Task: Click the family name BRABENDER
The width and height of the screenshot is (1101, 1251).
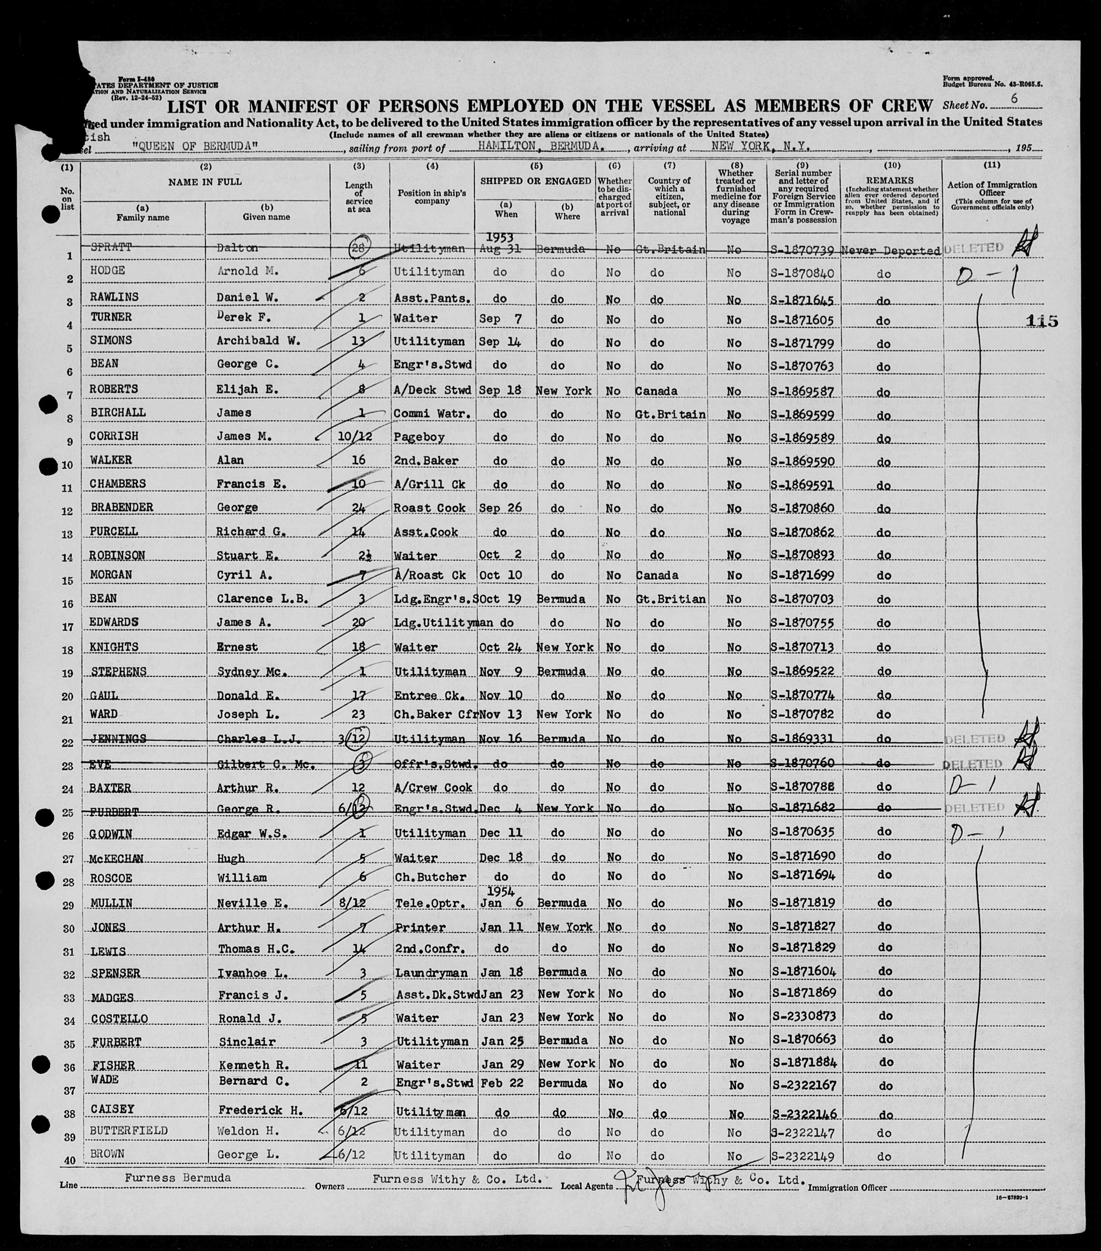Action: pyautogui.click(x=122, y=507)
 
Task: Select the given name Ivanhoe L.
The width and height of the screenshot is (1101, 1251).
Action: pyautogui.click(x=247, y=972)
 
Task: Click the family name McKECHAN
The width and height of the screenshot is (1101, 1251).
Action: pyautogui.click(x=116, y=858)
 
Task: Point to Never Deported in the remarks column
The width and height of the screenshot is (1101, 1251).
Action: pyautogui.click(x=891, y=251)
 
